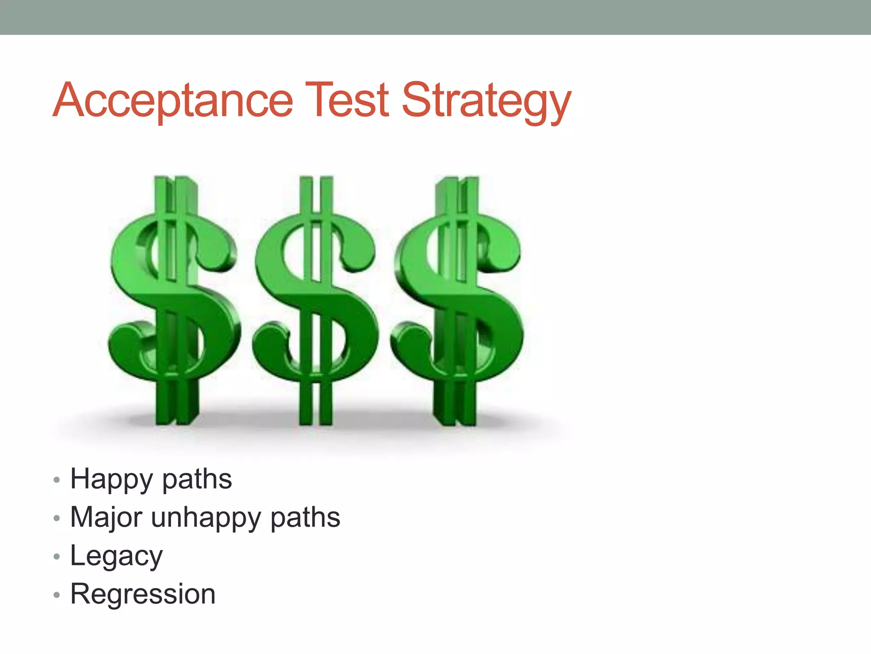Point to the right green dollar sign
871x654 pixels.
pos(457,298)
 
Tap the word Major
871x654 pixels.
pos(106,517)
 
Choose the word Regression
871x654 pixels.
pos(143,594)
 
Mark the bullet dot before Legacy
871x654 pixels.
pos(57,557)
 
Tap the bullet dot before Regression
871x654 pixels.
pos(57,595)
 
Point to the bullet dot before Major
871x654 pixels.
pos(57,519)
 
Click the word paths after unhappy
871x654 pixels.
pos(305,518)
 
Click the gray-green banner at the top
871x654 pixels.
pos(435,17)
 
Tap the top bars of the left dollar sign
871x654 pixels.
pos(175,194)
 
